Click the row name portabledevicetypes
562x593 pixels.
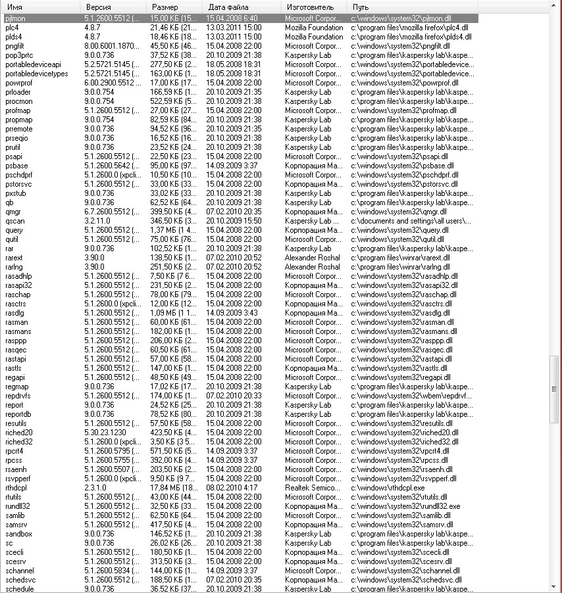36,74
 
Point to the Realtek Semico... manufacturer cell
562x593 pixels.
313,488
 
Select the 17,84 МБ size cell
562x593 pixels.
174,488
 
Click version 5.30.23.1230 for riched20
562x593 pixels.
105,433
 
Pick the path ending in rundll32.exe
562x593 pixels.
405,506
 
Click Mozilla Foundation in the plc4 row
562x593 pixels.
314,28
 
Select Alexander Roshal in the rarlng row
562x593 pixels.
313,267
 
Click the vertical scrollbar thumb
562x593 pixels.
555,388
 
